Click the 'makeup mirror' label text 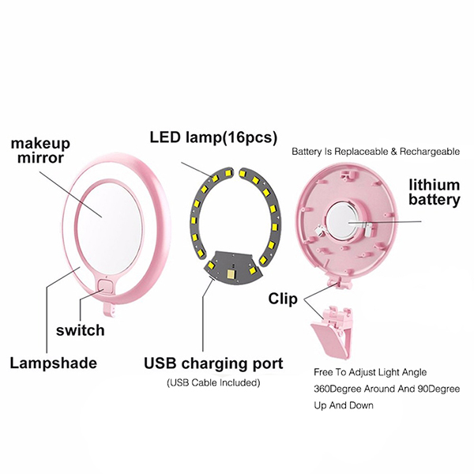(40, 151)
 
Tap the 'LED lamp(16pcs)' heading (213, 137)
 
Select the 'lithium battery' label (434, 192)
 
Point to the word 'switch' (81, 330)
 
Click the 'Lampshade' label (54, 363)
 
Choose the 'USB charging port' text (213, 363)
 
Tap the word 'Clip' (283, 299)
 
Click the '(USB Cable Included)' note (213, 382)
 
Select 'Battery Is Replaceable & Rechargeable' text (375, 152)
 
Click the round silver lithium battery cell (343, 223)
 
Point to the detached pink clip (333, 331)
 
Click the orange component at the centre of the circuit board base (231, 274)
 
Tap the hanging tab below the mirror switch (110, 309)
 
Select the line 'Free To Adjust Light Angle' (370, 372)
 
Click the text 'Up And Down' (344, 405)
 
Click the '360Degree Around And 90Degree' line (386, 389)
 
